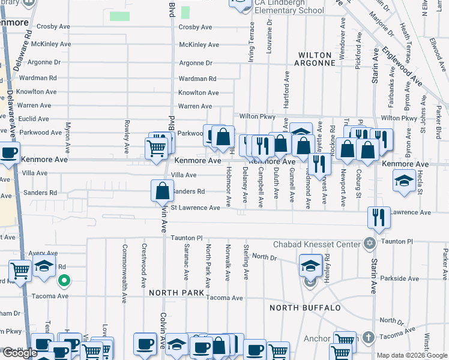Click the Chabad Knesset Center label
(316, 244)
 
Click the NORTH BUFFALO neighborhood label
(305, 308)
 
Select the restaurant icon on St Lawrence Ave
(378, 217)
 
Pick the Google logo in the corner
(20, 353)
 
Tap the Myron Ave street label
(68, 137)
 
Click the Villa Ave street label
(184, 175)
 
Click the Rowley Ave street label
(127, 135)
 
